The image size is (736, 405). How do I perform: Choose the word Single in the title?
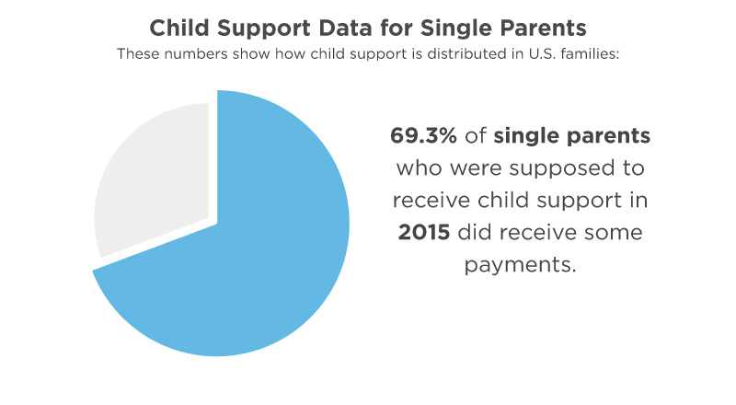click(457, 25)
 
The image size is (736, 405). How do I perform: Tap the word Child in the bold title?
click(183, 25)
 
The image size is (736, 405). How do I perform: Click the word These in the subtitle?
click(139, 52)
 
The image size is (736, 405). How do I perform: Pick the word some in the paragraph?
click(613, 232)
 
